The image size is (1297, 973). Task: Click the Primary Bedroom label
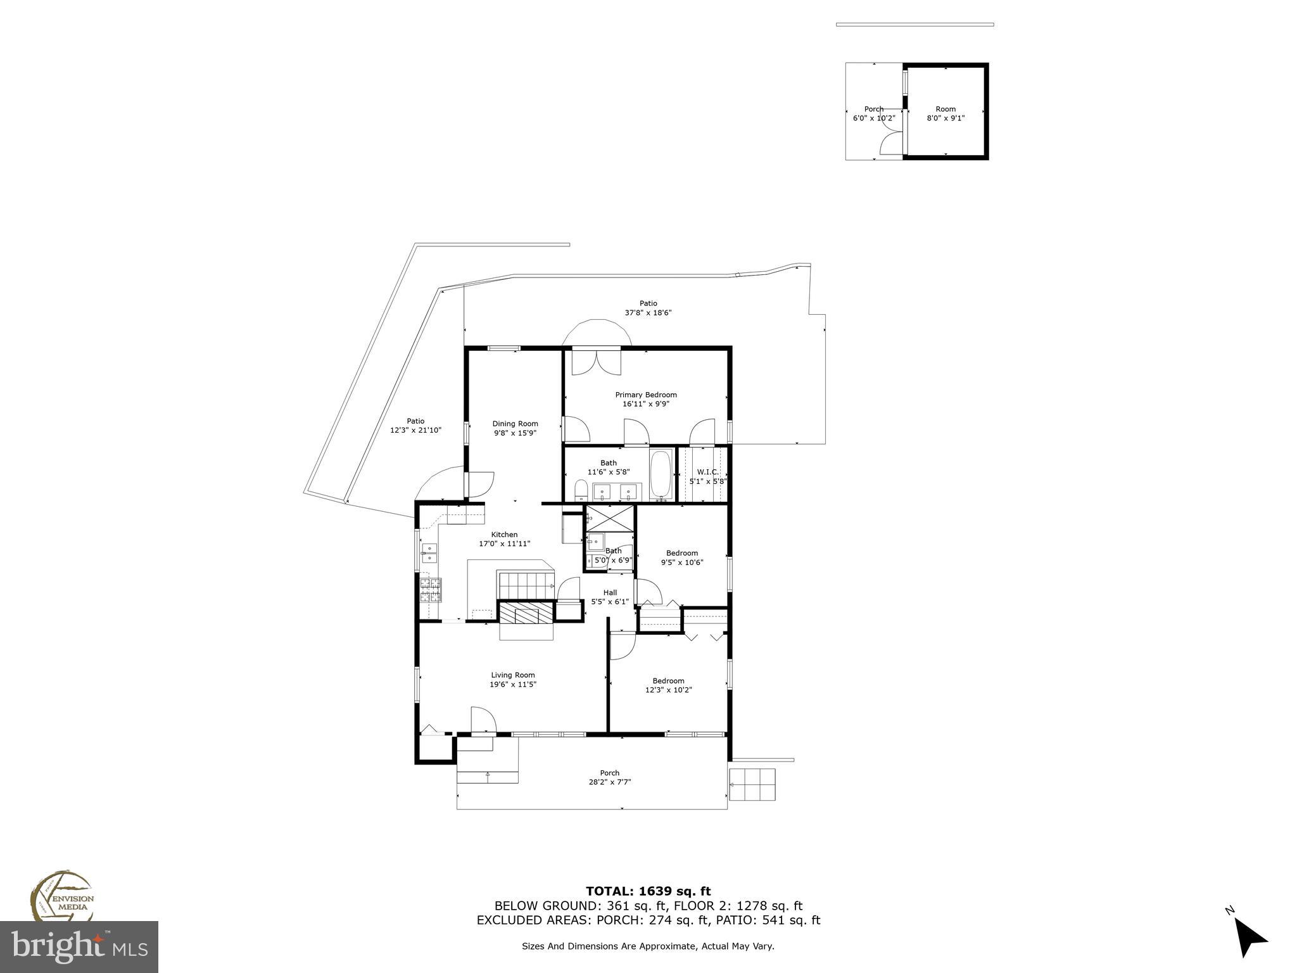click(645, 395)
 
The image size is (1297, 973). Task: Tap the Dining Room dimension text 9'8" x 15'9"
click(515, 433)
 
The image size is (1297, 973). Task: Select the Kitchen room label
click(504, 535)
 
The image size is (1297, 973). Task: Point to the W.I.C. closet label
click(707, 472)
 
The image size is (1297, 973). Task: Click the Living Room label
click(512, 675)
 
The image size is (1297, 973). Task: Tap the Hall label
click(610, 592)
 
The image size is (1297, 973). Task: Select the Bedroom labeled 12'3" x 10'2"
click(668, 685)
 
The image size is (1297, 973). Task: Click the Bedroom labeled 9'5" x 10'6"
click(681, 557)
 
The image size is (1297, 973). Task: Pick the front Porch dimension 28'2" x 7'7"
click(609, 782)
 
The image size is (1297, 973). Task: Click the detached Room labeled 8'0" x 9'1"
click(946, 113)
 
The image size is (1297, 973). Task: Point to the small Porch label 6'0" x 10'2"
click(873, 113)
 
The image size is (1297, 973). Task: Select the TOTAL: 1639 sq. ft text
click(648, 891)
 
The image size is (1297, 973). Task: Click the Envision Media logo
click(61, 896)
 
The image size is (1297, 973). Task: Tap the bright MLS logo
click(79, 947)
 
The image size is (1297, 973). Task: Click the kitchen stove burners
click(431, 590)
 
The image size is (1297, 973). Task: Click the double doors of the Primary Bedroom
click(596, 362)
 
